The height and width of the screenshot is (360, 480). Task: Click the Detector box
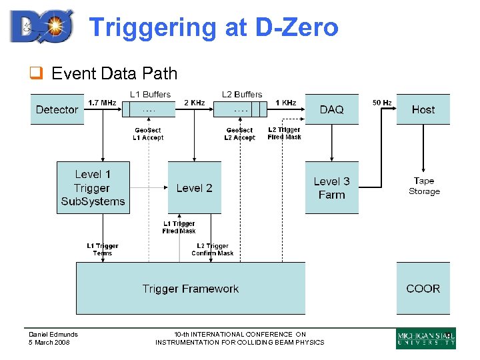point(57,109)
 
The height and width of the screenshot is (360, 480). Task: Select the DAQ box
point(331,109)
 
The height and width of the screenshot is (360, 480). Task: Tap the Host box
point(423,109)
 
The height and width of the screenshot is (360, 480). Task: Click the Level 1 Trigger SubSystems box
point(93,187)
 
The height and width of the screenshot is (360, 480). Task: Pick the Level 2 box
point(194,188)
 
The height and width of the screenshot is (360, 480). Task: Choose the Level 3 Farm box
point(331,188)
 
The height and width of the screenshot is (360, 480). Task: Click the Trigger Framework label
point(190,289)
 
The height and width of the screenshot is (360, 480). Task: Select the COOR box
point(423,289)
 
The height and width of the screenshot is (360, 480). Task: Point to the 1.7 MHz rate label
point(102,103)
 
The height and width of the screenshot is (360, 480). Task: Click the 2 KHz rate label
point(194,103)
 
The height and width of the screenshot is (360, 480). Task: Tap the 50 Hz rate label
point(382,103)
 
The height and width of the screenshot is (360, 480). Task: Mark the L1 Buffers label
point(150,95)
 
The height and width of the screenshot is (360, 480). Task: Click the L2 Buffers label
point(242,95)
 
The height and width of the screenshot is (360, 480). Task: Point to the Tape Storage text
point(424,186)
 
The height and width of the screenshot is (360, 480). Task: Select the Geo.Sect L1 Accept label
point(149,134)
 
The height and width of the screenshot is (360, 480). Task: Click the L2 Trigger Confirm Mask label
point(213,249)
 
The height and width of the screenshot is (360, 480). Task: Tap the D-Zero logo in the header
point(41,27)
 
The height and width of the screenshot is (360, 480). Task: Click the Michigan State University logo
point(425,339)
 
